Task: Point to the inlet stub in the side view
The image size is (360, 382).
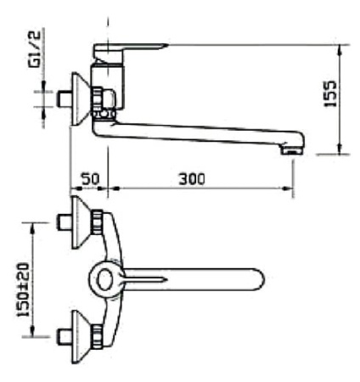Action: (60, 98)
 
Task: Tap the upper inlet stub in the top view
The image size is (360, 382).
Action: (60, 222)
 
